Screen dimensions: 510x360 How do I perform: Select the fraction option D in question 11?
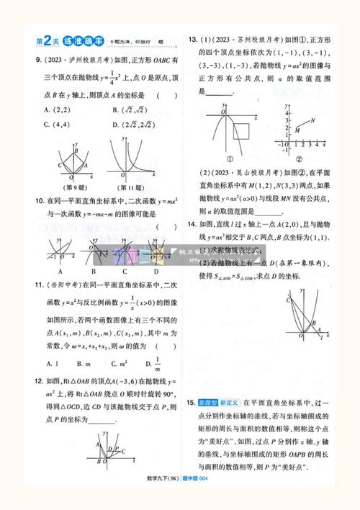tap(157, 364)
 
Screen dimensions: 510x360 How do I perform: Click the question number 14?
tap(192, 224)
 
